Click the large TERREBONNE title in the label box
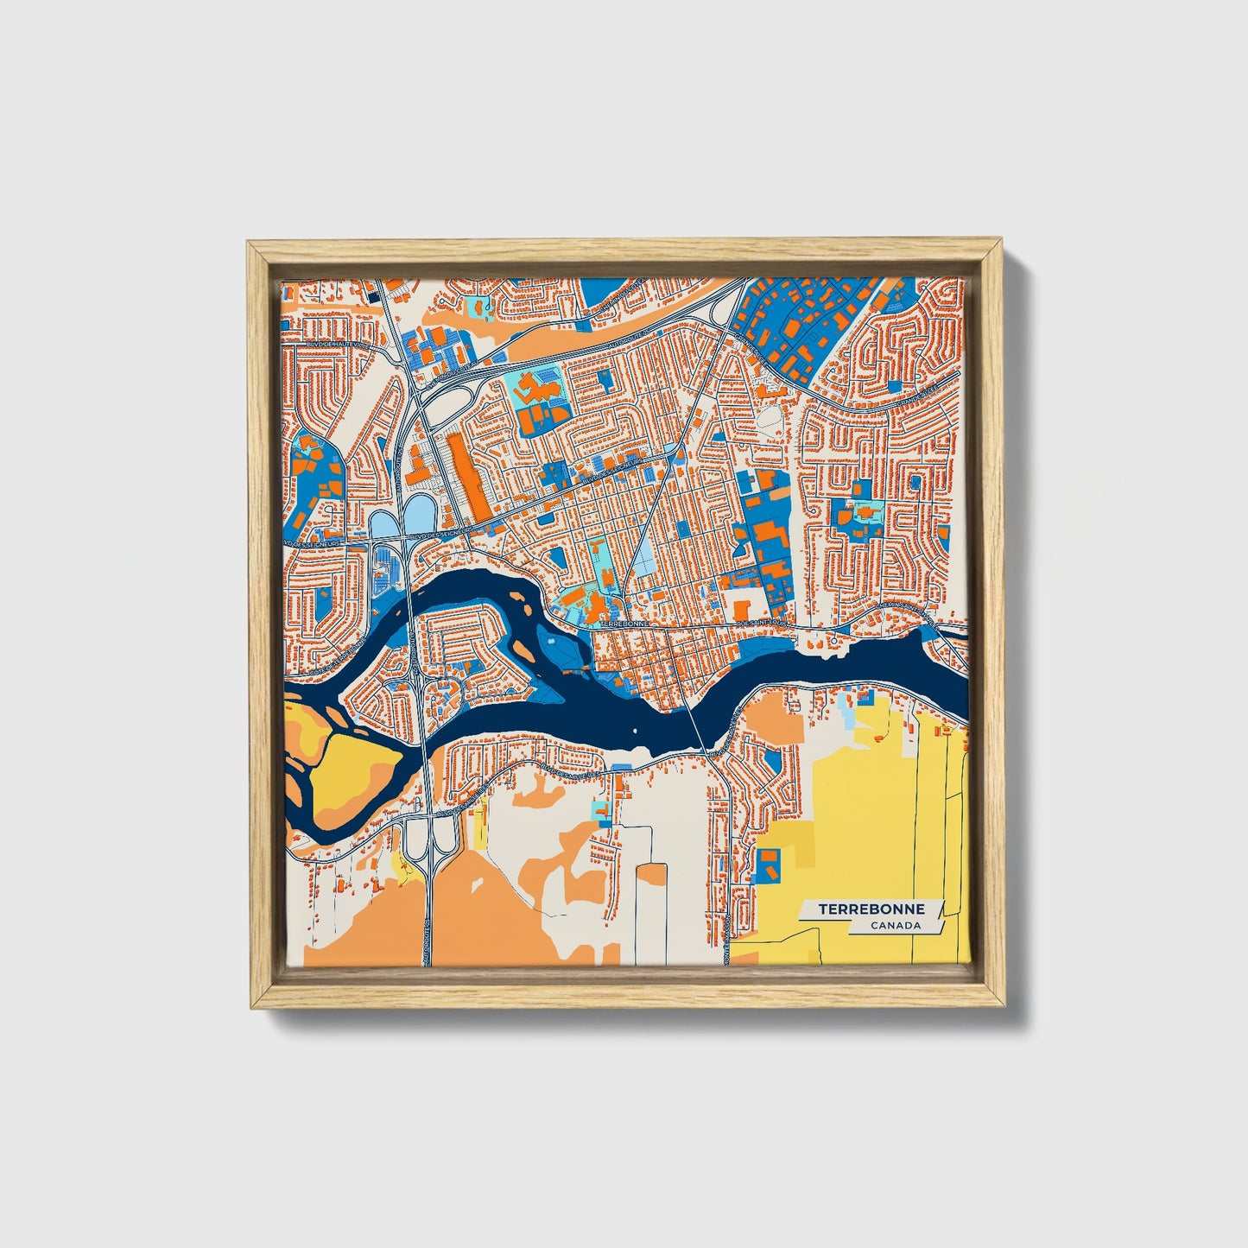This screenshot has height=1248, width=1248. [871, 909]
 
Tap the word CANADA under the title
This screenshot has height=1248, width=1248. [895, 926]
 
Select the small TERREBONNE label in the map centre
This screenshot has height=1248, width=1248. [623, 623]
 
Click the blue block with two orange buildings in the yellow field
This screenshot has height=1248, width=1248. [768, 865]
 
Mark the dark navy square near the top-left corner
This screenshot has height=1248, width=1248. [374, 296]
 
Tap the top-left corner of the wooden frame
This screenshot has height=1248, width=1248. [249, 244]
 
